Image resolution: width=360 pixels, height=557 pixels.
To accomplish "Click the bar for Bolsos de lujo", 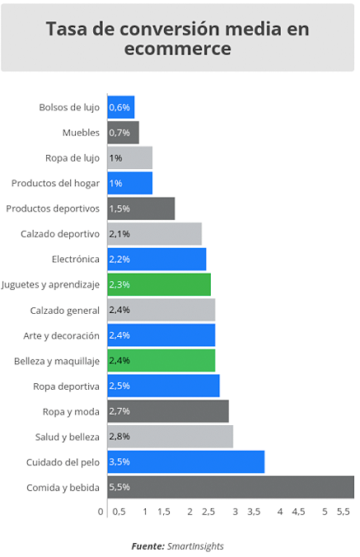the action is pyautogui.click(x=121, y=107).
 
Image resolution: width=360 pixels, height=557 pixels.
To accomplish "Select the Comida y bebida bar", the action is pyautogui.click(x=231, y=487).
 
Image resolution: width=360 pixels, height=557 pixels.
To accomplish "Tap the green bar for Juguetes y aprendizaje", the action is pyautogui.click(x=160, y=284).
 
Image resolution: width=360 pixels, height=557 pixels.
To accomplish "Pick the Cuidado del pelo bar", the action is pyautogui.click(x=186, y=461).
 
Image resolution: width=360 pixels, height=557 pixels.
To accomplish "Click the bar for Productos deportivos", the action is pyautogui.click(x=142, y=208).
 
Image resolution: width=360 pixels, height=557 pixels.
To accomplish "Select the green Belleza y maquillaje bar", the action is pyautogui.click(x=161, y=361).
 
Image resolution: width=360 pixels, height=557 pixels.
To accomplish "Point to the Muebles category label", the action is pyautogui.click(x=81, y=133).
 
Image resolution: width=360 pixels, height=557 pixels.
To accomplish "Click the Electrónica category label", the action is pyautogui.click(x=76, y=259).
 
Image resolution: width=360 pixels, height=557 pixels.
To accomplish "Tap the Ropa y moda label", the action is pyautogui.click(x=71, y=412).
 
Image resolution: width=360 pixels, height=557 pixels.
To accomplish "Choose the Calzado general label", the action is pyautogui.click(x=64, y=311).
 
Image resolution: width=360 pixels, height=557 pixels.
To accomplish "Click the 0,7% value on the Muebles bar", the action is pyautogui.click(x=119, y=133).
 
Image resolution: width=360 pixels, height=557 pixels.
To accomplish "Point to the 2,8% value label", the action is pyautogui.click(x=119, y=436).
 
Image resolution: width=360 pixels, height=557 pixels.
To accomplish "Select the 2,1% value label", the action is pyautogui.click(x=119, y=234).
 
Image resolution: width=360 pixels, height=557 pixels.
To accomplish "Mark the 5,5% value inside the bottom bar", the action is pyautogui.click(x=119, y=487).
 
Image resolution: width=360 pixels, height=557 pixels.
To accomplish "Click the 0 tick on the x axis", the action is pyautogui.click(x=101, y=512).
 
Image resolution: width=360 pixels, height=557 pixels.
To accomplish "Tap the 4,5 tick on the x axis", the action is pyautogui.click(x=298, y=512).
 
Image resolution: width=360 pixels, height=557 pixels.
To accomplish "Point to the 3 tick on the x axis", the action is pyautogui.click(x=235, y=512).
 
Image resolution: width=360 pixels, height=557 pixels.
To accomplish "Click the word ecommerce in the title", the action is pyautogui.click(x=177, y=49).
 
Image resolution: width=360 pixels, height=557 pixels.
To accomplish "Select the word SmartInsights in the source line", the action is pyautogui.click(x=195, y=546).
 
